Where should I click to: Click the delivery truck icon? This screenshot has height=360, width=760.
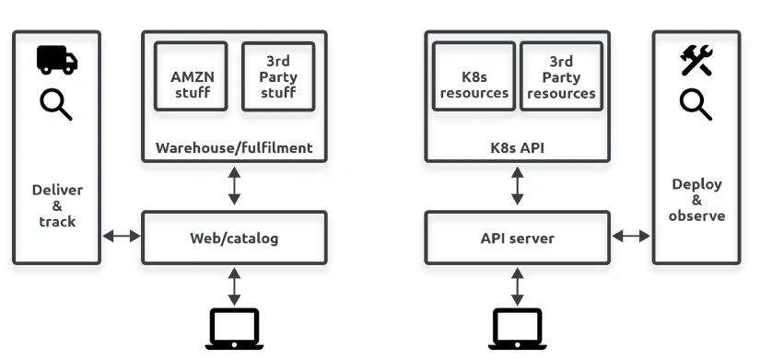click(57, 60)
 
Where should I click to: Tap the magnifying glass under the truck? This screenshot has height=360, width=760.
click(56, 106)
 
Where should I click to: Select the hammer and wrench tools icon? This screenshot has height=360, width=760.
click(696, 60)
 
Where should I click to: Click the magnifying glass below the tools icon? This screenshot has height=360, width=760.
click(696, 106)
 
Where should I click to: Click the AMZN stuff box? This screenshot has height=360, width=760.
click(191, 76)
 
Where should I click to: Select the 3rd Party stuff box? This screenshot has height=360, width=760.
click(278, 76)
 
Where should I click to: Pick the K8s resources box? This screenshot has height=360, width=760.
click(474, 76)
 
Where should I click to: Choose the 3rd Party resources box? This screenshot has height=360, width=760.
click(561, 76)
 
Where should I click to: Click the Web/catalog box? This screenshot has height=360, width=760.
click(234, 238)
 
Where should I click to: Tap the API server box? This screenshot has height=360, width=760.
click(517, 238)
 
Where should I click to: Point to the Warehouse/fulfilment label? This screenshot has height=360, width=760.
click(234, 148)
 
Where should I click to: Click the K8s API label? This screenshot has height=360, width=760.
click(517, 148)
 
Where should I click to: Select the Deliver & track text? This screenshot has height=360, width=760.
click(57, 205)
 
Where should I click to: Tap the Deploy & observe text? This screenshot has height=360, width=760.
click(696, 200)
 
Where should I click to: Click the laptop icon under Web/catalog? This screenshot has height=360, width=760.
click(234, 329)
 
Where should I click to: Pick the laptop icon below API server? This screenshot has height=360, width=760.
click(517, 329)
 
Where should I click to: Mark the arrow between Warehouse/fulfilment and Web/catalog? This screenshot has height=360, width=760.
click(234, 186)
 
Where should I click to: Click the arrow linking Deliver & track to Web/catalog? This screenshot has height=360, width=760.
click(122, 236)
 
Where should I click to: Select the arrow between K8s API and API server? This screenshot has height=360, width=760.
click(517, 186)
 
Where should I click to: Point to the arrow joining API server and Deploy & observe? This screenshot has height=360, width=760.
click(631, 236)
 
